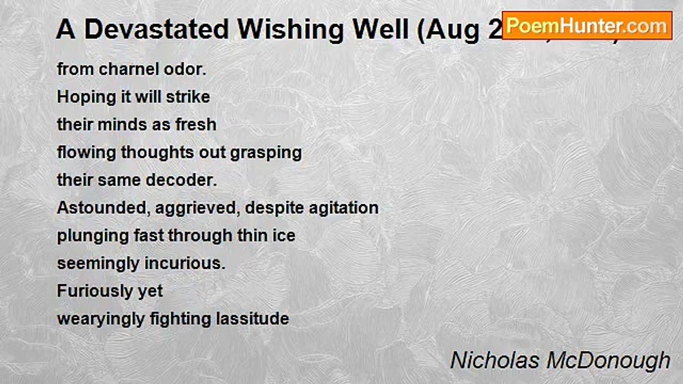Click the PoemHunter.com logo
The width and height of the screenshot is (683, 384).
[587, 25]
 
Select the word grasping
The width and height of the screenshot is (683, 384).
[266, 153]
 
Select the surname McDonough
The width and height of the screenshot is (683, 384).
[608, 360]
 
